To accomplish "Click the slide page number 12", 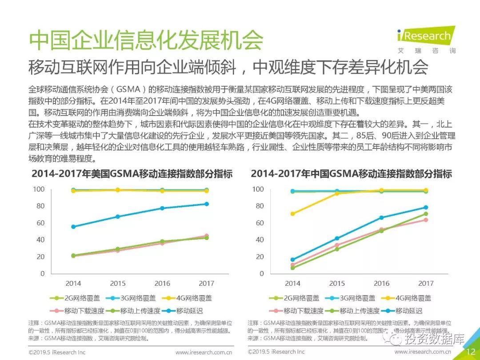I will pyautogui.click(x=471, y=352).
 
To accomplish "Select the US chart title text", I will pyautogui.click(x=132, y=174).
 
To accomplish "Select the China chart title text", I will pyautogui.click(x=351, y=174).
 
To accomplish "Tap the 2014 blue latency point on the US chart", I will pyautogui.click(x=73, y=227).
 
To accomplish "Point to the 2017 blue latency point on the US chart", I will pyautogui.click(x=206, y=204).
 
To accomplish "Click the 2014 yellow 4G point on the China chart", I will pyautogui.click(x=292, y=214).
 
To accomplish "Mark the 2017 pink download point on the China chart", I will pyautogui.click(x=425, y=220).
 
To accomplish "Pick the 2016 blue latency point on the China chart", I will pyautogui.click(x=381, y=218).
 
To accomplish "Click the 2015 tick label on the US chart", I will pyautogui.click(x=118, y=283).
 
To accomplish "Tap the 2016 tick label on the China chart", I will pyautogui.click(x=381, y=283).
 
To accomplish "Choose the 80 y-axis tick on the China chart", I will pyautogui.click(x=258, y=206).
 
